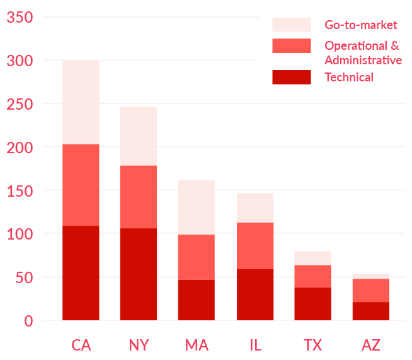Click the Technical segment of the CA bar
(x=81, y=272)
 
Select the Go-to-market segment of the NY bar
(x=139, y=136)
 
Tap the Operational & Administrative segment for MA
(x=197, y=257)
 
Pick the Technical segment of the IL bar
(x=255, y=294)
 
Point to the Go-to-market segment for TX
(x=312, y=258)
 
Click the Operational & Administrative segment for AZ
(x=370, y=290)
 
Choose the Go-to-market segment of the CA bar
(x=81, y=102)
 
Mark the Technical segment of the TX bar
(x=312, y=304)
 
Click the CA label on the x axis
(x=81, y=345)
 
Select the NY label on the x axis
(x=139, y=345)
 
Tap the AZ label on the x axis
(x=370, y=345)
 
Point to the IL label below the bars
(x=255, y=345)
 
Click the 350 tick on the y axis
(x=20, y=18)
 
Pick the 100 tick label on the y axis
(x=20, y=234)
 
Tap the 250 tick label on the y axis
(x=20, y=104)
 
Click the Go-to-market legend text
(x=361, y=25)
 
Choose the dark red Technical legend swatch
(x=292, y=77)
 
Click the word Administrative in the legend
(x=363, y=60)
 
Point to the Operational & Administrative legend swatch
(x=292, y=46)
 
